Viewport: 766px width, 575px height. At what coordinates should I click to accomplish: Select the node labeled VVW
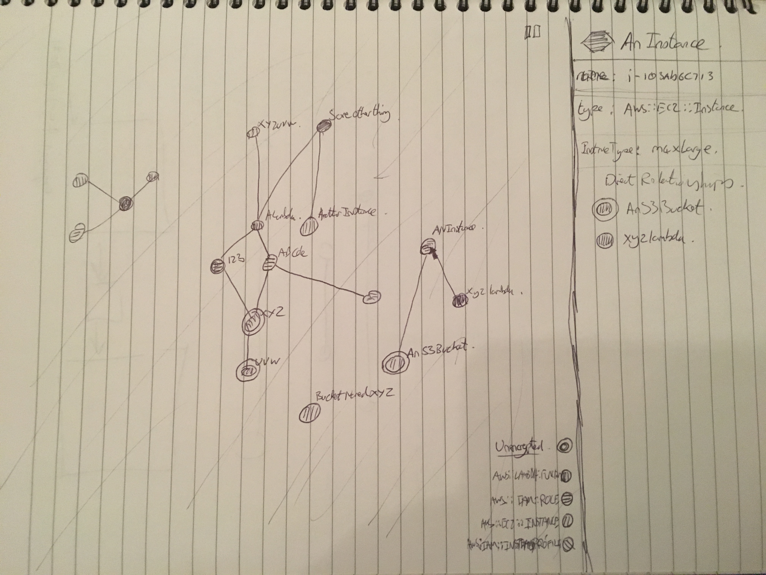pyautogui.click(x=248, y=371)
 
